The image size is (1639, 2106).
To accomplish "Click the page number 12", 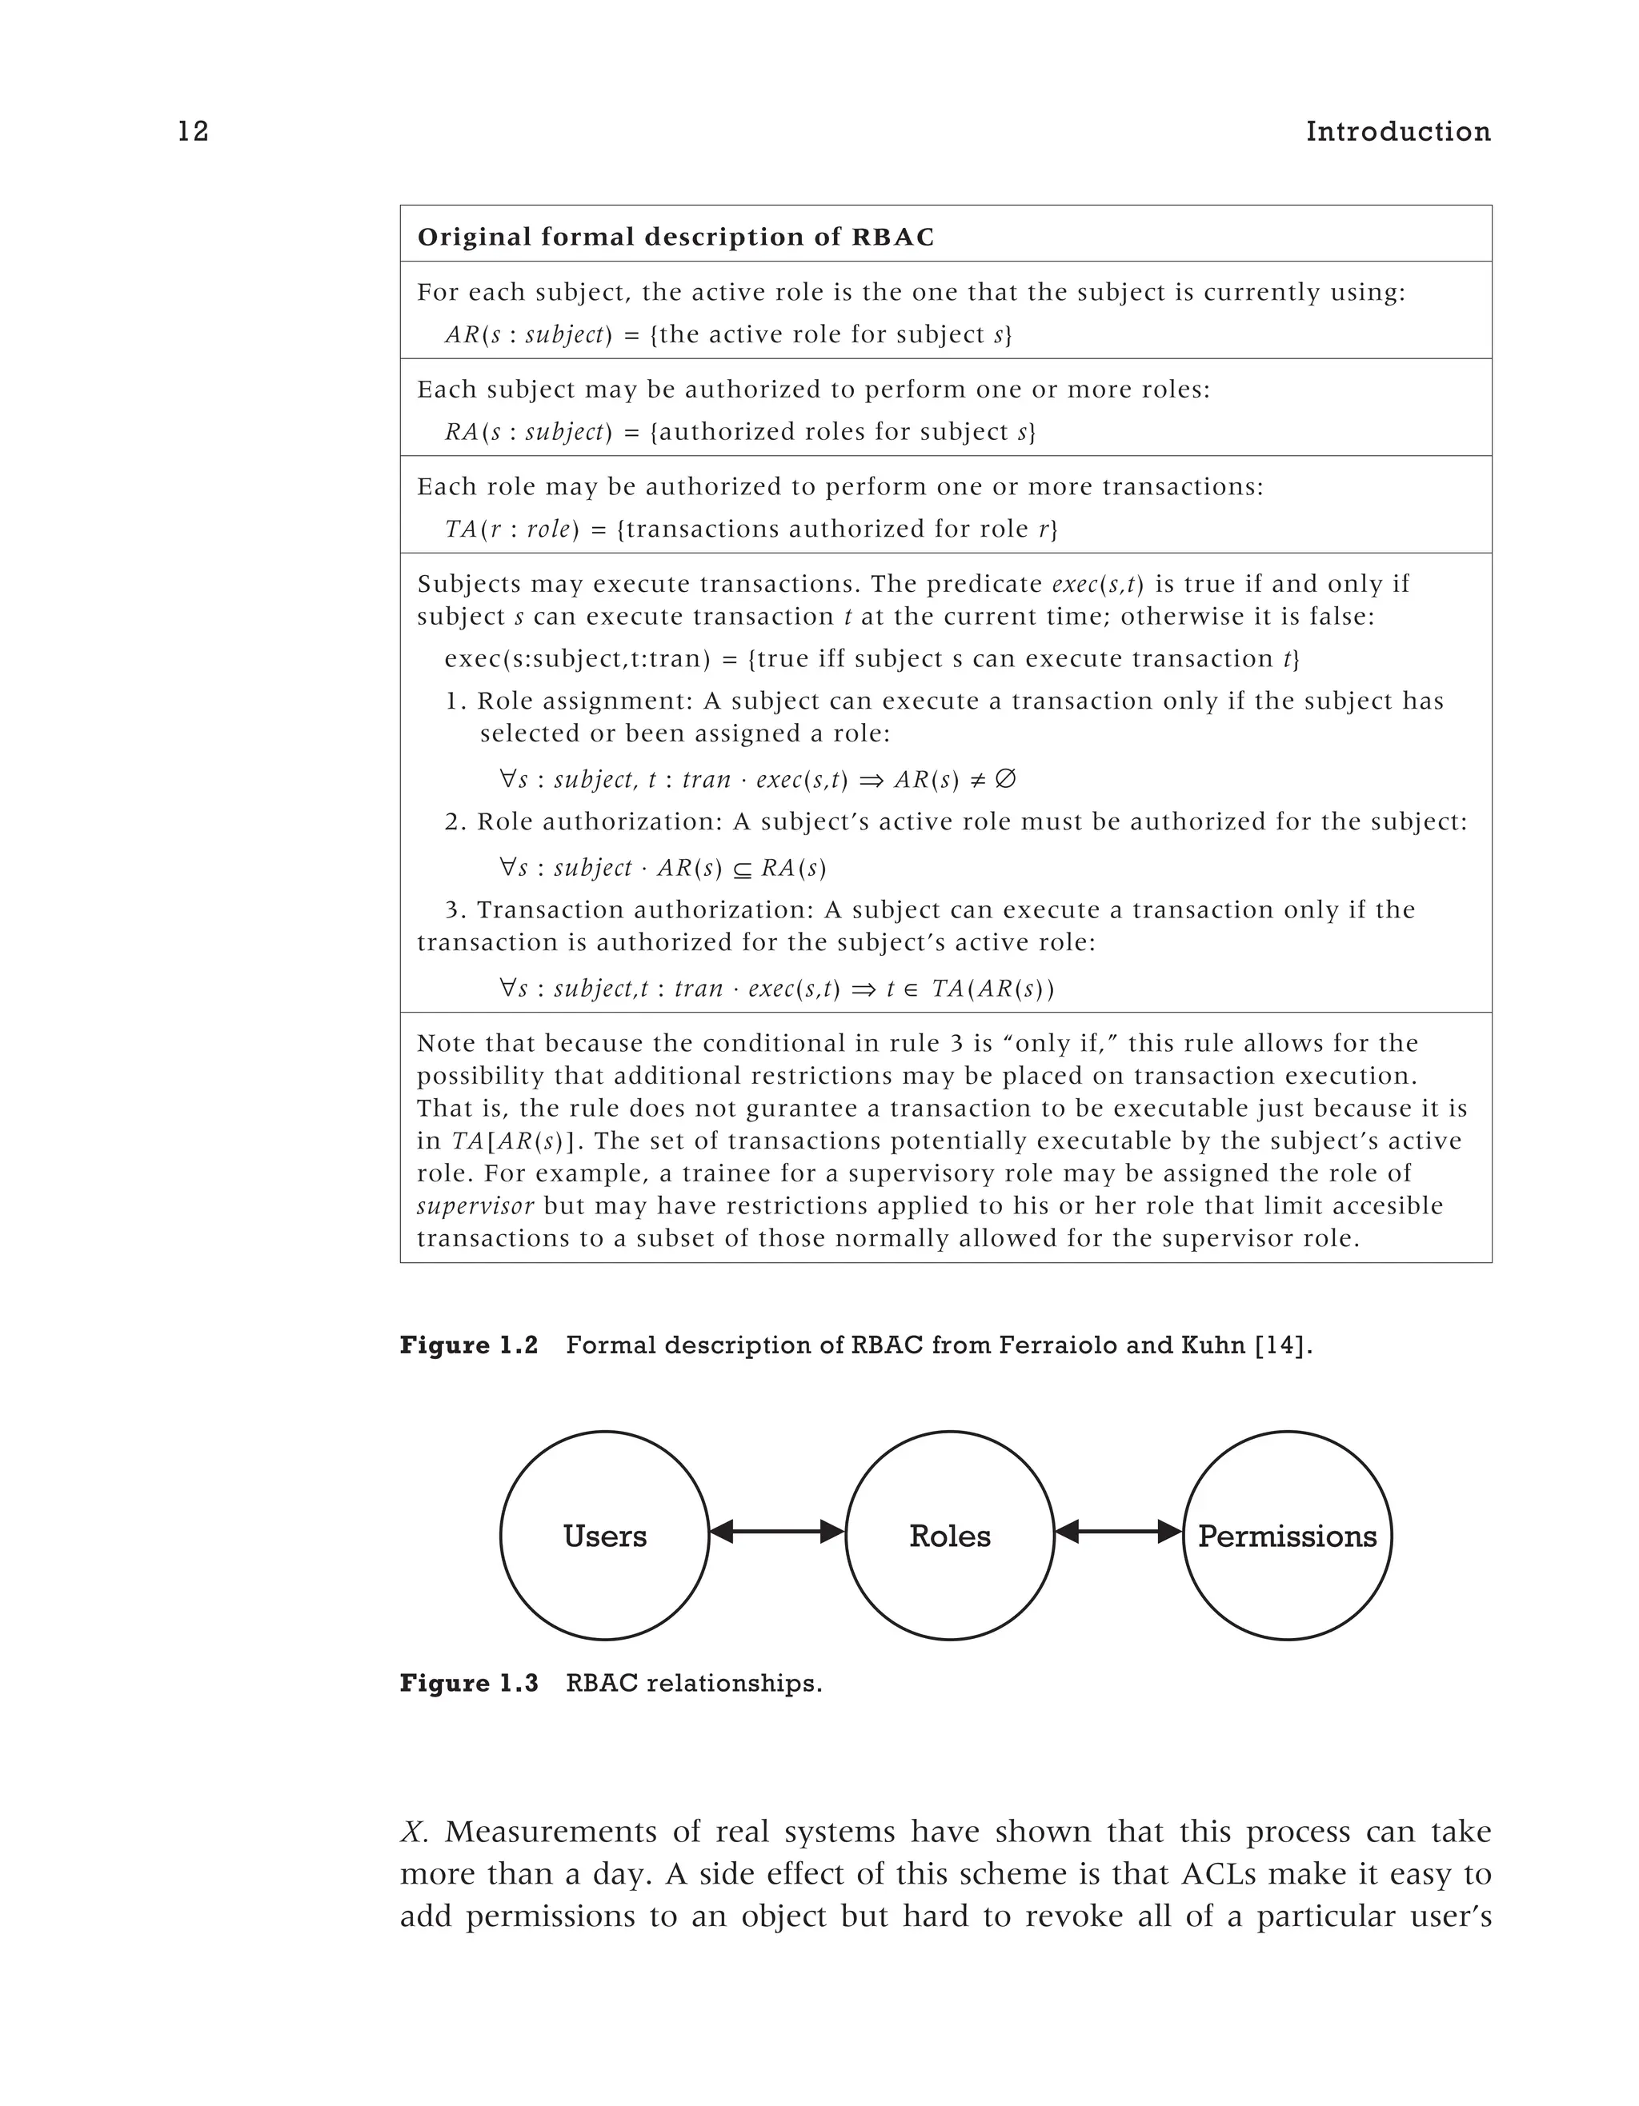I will (193, 132).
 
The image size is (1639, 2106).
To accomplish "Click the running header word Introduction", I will (1398, 132).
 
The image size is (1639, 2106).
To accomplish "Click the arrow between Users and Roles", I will (776, 1531).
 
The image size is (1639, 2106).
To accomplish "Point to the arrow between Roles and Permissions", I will (1118, 1531).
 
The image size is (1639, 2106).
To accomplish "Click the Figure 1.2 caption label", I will (469, 1345).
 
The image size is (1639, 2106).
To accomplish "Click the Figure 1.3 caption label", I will (469, 1684).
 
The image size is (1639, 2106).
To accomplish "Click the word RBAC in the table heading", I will (893, 238).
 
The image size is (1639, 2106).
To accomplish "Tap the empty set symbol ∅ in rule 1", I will (1004, 779).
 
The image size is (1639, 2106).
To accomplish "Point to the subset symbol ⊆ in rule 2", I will (741, 869).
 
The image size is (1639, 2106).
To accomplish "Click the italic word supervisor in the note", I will (475, 1206).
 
